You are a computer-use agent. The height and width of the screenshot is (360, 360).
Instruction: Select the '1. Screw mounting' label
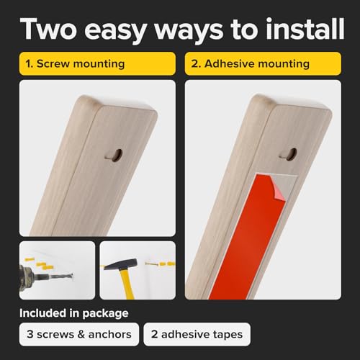point(76,64)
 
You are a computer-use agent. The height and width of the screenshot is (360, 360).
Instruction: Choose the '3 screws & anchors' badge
point(78,335)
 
